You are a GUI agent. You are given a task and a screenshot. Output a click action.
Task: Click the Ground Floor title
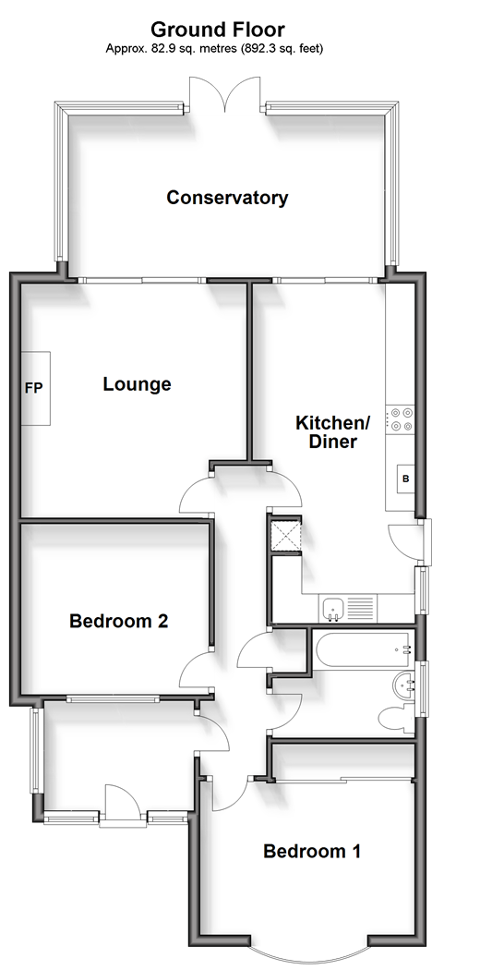click(218, 30)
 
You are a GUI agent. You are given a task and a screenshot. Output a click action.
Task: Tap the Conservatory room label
click(227, 198)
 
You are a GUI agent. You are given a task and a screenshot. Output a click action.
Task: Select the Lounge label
click(137, 384)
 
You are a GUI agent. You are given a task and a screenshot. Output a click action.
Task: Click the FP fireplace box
click(36, 389)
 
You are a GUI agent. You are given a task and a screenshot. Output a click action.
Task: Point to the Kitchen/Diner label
click(332, 431)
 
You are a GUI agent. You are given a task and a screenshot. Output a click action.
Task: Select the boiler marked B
click(406, 479)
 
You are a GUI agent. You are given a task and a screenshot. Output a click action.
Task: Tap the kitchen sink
click(334, 609)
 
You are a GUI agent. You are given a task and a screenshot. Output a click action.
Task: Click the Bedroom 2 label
click(118, 621)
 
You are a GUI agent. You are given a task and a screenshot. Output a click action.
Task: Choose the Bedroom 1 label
click(312, 851)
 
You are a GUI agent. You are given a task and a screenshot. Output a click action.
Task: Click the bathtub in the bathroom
click(363, 650)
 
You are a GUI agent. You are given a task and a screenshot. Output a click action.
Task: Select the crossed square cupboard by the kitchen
click(285, 533)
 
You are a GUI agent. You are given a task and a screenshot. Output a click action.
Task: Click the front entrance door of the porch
click(123, 805)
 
